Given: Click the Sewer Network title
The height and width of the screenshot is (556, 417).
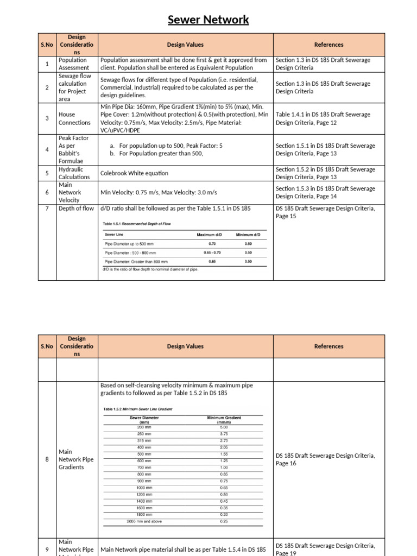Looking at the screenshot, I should tap(208, 20).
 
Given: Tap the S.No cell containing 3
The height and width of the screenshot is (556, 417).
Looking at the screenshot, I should tap(47, 118).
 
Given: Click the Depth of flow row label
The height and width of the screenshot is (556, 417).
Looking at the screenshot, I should tap(76, 208).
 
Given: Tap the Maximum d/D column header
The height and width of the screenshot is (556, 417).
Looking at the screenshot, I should tap(209, 235).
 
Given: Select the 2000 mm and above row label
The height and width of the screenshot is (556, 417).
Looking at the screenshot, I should tap(144, 521).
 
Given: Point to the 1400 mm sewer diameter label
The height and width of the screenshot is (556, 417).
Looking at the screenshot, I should tap(144, 501).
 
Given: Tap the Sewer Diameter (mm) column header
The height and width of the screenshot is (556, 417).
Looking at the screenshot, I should tap(144, 420).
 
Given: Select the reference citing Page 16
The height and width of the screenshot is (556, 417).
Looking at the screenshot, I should tap(325, 459).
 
